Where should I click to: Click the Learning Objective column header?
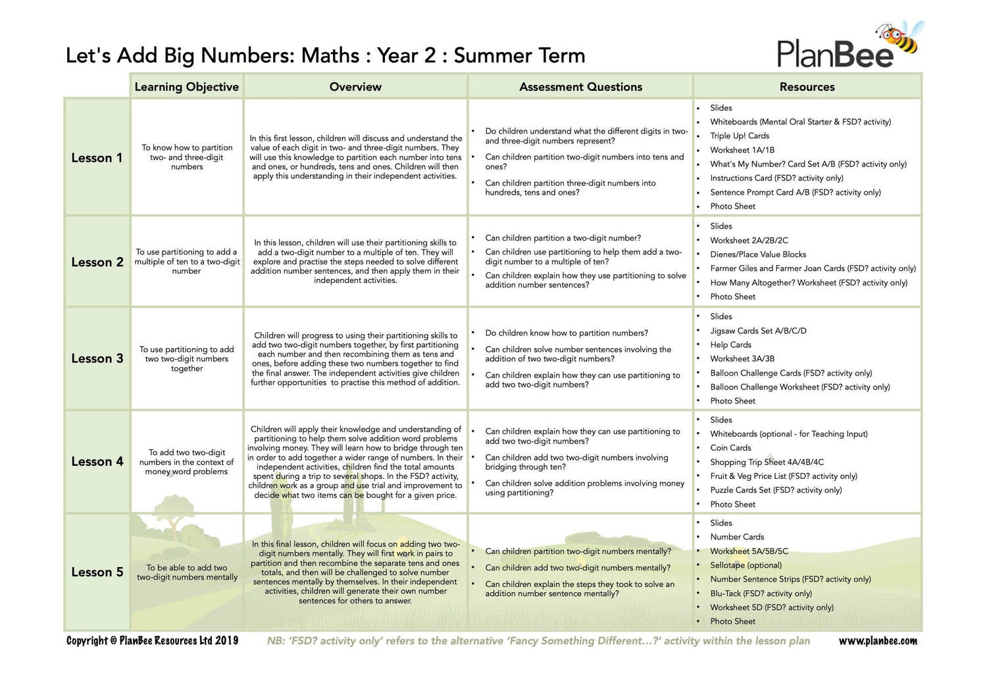[187, 87]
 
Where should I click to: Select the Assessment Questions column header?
[580, 87]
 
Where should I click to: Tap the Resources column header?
[807, 87]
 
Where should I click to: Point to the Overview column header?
[355, 87]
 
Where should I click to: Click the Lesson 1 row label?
[97, 158]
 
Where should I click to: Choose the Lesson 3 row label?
[97, 359]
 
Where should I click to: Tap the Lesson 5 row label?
[97, 572]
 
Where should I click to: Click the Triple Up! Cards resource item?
[740, 136]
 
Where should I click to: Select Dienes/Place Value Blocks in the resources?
[758, 255]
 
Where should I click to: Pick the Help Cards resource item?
[730, 345]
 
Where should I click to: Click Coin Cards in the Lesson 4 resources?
[730, 448]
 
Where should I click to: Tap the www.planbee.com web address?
[878, 641]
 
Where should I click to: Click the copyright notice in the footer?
[152, 641]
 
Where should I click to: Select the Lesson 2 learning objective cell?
[187, 261]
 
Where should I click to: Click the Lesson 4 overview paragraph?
[355, 462]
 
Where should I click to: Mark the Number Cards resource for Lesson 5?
[737, 537]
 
